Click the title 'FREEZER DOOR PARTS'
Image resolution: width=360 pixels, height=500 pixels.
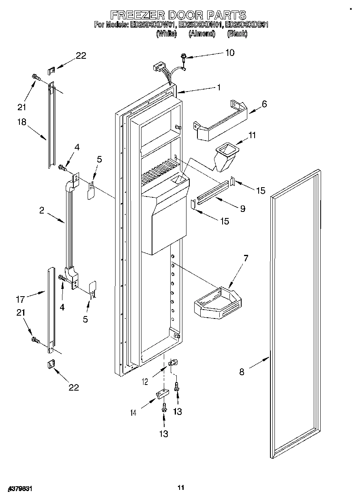pyautogui.click(x=178, y=15)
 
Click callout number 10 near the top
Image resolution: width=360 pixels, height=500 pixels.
pyautogui.click(x=229, y=53)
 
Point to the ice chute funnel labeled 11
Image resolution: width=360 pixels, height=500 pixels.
pyautogui.click(x=225, y=156)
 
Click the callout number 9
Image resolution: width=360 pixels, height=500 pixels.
pyautogui.click(x=242, y=209)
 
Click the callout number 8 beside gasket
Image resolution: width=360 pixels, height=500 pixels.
pyautogui.click(x=242, y=372)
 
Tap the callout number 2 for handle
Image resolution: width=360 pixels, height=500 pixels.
pyautogui.click(x=42, y=210)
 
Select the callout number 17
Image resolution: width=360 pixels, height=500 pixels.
pyautogui.click(x=20, y=299)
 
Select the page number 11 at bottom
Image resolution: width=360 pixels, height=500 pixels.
pyautogui.click(x=181, y=487)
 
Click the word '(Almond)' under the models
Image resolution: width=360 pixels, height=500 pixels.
pyautogui.click(x=201, y=34)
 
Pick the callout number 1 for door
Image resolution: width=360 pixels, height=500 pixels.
pyautogui.click(x=219, y=87)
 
